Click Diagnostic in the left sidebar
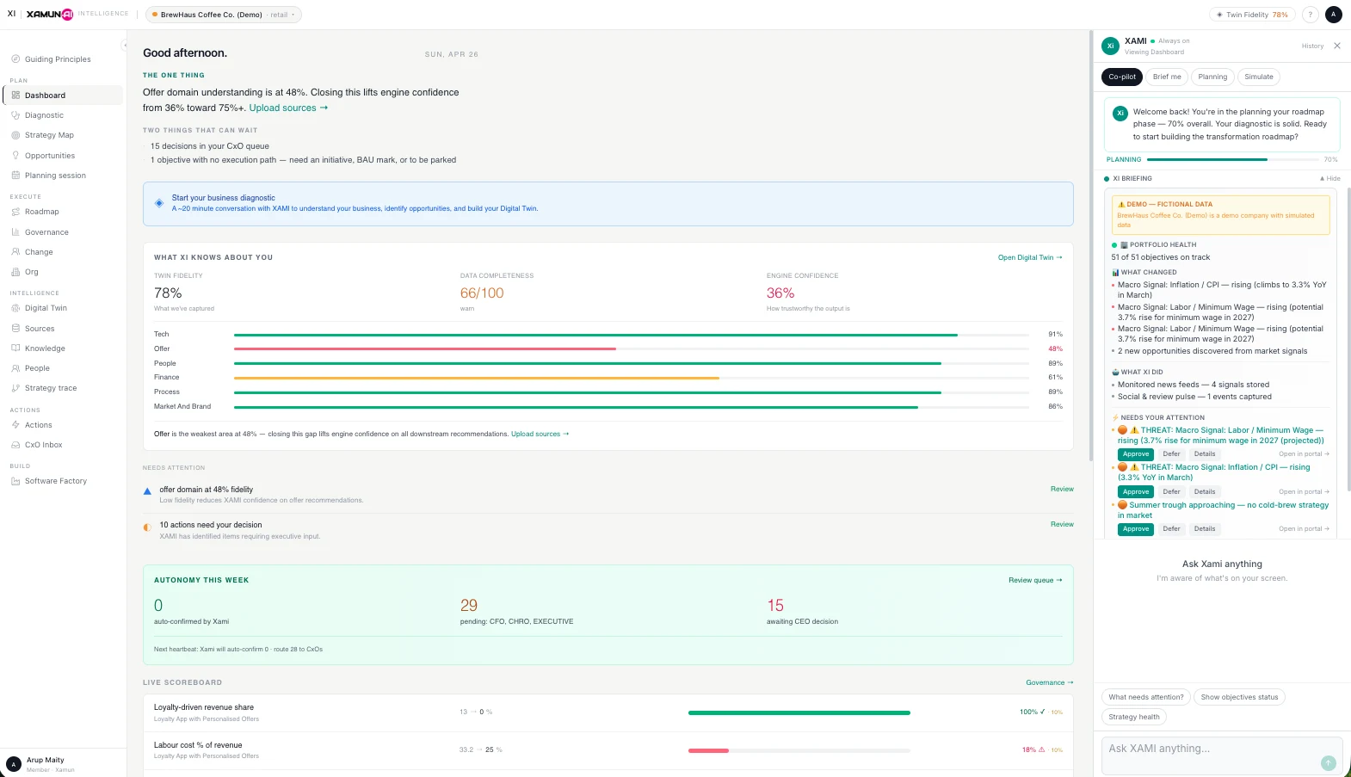pyautogui.click(x=44, y=115)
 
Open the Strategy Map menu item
pyautogui.click(x=49, y=135)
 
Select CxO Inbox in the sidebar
pyautogui.click(x=43, y=445)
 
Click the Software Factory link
pyautogui.click(x=55, y=481)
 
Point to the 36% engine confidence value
pyautogui.click(x=780, y=293)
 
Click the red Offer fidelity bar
pyautogui.click(x=424, y=348)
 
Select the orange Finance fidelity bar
pyautogui.click(x=476, y=378)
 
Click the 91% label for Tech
pyautogui.click(x=1055, y=334)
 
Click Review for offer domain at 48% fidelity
pyautogui.click(x=1061, y=489)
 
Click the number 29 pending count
pyautogui.click(x=469, y=606)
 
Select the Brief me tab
pyautogui.click(x=1167, y=77)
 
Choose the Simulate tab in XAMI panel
pyautogui.click(x=1258, y=77)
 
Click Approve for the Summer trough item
pyautogui.click(x=1135, y=529)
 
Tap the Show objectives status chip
pyautogui.click(x=1239, y=697)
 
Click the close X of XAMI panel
pyautogui.click(x=1336, y=46)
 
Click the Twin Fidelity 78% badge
pyautogui.click(x=1252, y=15)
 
